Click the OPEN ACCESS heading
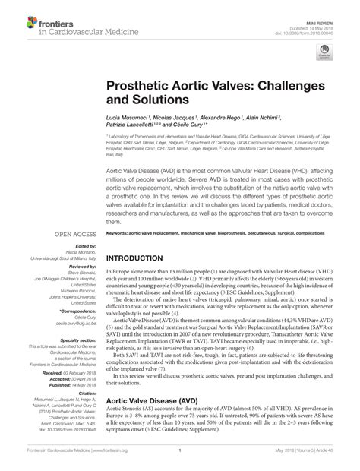tap(73, 235)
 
